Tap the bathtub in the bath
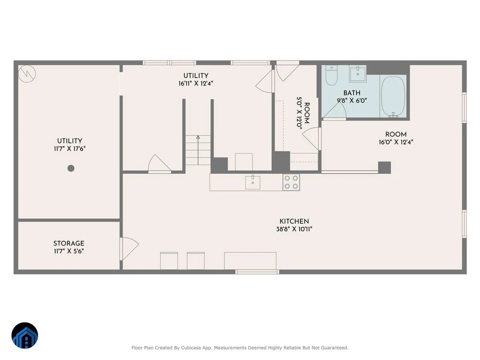point(393,96)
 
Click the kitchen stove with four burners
point(291,182)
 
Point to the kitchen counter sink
point(253,182)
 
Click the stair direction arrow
point(198,150)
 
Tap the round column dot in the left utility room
point(71,168)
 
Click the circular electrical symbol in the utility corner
point(27,74)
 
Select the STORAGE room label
point(69,243)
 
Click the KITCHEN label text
point(294,221)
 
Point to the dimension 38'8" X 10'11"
point(294,229)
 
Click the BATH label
point(352,93)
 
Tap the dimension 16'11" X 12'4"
point(196,84)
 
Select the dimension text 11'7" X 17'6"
point(70,149)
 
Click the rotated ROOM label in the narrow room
point(307,113)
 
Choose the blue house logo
point(25,335)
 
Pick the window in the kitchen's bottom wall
point(257,272)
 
